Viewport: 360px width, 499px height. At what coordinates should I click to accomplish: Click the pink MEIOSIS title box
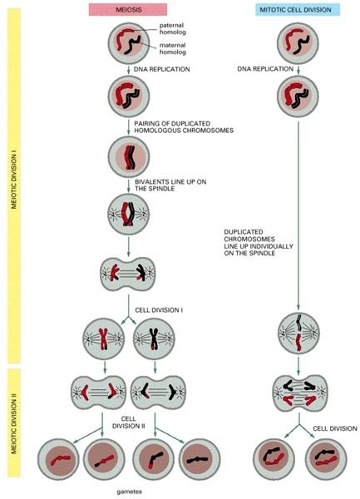tap(128, 9)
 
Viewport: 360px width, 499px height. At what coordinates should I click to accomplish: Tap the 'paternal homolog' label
tap(172, 28)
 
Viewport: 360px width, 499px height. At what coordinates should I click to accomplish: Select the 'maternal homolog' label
tap(172, 48)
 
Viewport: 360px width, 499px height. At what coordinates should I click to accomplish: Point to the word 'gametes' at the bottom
tap(129, 492)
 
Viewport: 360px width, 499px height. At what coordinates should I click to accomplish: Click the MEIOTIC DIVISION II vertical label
tap(14, 422)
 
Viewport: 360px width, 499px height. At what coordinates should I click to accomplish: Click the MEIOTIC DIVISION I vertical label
tap(14, 181)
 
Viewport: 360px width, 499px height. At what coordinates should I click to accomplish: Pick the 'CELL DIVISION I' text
tap(159, 310)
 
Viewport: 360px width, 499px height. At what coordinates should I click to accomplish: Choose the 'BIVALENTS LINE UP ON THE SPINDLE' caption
tap(170, 185)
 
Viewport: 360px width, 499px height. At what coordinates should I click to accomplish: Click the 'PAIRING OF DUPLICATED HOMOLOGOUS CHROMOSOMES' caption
tap(184, 126)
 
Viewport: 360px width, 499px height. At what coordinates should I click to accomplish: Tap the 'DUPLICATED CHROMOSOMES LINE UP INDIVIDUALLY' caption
tap(259, 243)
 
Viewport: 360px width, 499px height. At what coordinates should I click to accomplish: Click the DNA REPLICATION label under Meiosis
tap(161, 69)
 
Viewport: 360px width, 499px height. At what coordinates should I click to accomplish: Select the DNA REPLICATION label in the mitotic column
tap(265, 69)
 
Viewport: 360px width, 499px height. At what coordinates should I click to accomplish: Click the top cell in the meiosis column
tap(129, 43)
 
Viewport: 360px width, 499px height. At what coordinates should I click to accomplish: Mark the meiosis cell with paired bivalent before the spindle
tap(129, 157)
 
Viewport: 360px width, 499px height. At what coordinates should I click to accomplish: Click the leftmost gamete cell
tap(58, 459)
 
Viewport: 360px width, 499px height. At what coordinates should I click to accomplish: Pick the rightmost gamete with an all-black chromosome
tap(200, 459)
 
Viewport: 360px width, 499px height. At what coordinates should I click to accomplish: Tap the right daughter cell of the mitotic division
tap(326, 459)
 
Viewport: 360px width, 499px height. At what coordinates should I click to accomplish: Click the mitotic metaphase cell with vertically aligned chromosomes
tap(298, 333)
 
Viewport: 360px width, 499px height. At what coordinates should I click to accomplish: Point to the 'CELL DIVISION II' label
tap(129, 422)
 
